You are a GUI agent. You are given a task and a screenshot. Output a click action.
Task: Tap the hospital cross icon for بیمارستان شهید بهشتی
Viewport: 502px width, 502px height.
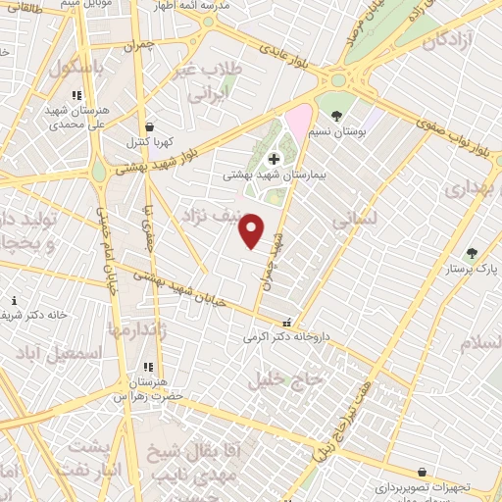[273, 158]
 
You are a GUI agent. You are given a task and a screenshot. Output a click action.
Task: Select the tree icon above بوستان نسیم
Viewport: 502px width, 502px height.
[336, 116]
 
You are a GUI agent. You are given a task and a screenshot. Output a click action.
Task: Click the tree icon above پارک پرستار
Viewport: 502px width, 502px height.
[472, 253]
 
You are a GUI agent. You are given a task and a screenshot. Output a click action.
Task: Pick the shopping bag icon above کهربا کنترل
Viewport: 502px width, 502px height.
[148, 126]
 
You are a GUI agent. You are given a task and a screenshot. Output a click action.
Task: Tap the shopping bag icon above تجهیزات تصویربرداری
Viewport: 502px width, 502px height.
[421, 472]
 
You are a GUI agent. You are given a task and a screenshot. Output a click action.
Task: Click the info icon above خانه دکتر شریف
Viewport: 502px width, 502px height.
[14, 301]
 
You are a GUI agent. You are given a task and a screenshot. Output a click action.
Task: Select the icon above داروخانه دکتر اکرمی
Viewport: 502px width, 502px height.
[286, 323]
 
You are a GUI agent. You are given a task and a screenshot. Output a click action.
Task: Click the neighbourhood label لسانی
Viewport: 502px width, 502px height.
[355, 223]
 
